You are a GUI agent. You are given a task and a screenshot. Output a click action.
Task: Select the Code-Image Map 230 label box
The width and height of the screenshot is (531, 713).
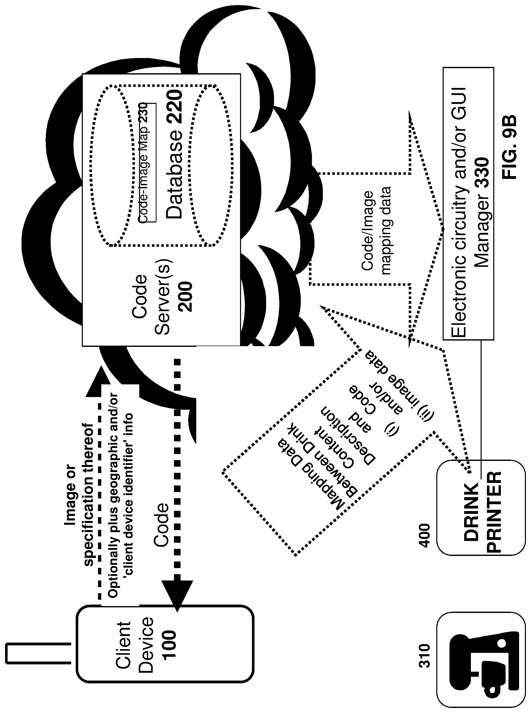(x=147, y=163)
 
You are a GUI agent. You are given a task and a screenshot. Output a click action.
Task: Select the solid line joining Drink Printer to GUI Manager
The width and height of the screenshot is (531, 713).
(x=481, y=408)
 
